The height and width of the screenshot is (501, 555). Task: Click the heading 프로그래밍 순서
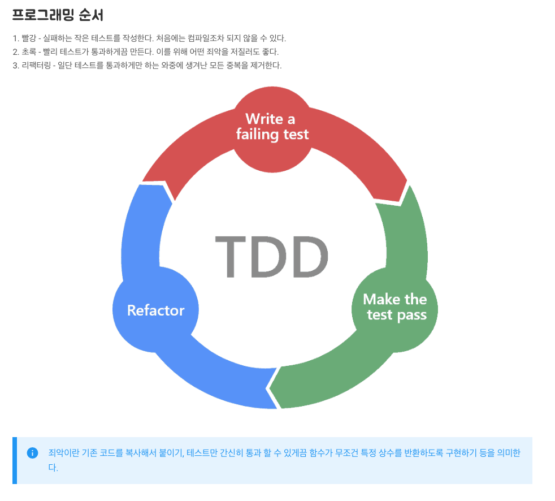(58, 14)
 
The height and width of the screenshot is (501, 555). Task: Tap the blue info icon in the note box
(32, 453)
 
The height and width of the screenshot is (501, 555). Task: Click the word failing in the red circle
(254, 135)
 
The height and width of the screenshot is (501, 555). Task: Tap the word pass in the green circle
(411, 315)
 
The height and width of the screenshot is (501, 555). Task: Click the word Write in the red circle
(264, 119)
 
